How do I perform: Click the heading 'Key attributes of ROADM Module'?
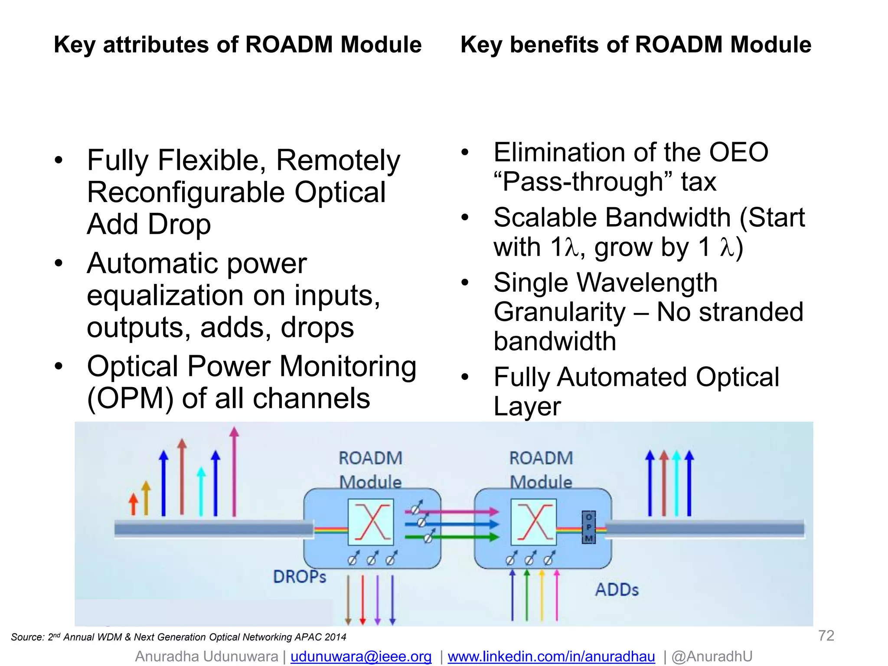point(238,45)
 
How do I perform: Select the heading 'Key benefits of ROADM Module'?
point(636,45)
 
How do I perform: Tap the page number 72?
point(826,636)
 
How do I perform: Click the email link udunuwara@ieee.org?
point(361,656)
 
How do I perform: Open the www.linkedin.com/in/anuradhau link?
point(551,656)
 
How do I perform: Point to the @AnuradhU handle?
point(712,656)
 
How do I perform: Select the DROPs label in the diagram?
point(300,577)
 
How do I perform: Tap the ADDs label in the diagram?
point(617,590)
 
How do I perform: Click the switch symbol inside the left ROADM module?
point(371,522)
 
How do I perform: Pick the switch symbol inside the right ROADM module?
point(534,522)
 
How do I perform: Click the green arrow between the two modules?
point(451,537)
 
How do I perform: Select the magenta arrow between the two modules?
point(451,512)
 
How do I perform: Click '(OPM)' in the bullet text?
point(131,398)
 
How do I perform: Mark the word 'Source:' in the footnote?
point(27,637)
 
